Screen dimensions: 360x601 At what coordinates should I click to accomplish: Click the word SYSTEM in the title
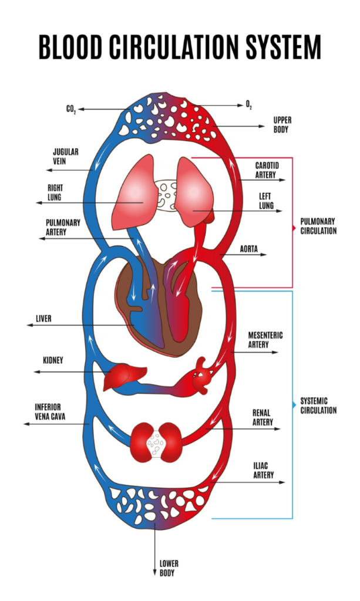[283, 48]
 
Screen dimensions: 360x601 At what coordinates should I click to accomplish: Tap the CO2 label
[71, 110]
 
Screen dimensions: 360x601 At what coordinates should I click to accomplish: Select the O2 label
[249, 104]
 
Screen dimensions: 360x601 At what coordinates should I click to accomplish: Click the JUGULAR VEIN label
[66, 156]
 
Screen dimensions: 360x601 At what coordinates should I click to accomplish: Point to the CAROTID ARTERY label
[267, 170]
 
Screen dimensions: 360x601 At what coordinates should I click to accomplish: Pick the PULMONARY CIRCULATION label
[318, 226]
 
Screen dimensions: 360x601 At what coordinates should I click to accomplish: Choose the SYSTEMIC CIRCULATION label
[318, 406]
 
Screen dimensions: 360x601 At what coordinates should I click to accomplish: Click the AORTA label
[249, 249]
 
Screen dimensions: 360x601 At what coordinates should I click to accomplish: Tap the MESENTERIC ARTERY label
[265, 340]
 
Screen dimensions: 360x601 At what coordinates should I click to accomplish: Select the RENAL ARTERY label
[263, 418]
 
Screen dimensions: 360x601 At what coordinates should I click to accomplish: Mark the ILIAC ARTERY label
[263, 470]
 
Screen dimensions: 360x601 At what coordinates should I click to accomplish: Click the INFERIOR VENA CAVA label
[51, 411]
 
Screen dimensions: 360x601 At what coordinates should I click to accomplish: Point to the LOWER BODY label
[169, 568]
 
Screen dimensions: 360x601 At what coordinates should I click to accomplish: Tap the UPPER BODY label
[282, 124]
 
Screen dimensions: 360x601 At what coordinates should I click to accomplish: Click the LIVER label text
[43, 319]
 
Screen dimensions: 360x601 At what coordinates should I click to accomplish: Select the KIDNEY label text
[53, 360]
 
